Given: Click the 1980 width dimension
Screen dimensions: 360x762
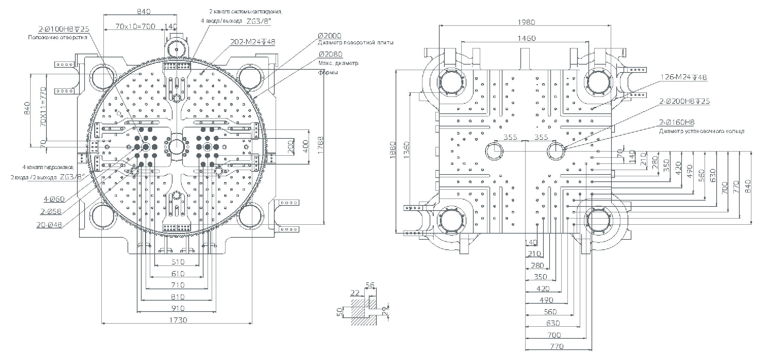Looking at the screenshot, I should [x=526, y=22].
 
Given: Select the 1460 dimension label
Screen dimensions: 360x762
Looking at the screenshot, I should [x=526, y=38].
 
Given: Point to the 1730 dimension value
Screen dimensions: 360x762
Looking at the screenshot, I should [x=178, y=320].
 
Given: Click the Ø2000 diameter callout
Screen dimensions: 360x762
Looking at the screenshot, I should [x=329, y=36].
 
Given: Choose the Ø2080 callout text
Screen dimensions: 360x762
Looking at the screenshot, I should [x=330, y=54].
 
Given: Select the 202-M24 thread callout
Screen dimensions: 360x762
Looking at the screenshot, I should [x=252, y=42].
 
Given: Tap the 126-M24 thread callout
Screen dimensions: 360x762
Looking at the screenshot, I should [x=683, y=77].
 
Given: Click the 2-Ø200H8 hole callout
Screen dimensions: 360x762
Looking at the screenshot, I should [x=684, y=101].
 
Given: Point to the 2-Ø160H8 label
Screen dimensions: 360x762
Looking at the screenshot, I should [x=677, y=123].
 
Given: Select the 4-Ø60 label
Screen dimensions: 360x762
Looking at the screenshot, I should [x=54, y=199].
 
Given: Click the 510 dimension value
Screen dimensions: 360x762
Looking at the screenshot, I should [x=178, y=262].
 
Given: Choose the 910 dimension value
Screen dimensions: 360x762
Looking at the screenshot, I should [x=178, y=308].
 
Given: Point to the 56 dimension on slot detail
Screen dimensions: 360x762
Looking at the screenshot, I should [x=370, y=285].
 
